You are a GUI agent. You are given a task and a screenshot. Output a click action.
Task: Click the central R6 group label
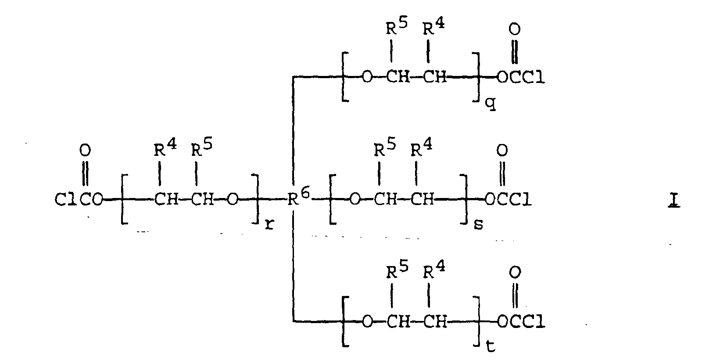[299, 198]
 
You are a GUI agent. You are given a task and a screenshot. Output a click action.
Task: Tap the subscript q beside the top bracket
[491, 104]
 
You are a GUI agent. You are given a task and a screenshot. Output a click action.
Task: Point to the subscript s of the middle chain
[478, 224]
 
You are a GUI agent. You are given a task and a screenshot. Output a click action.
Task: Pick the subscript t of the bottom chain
[491, 346]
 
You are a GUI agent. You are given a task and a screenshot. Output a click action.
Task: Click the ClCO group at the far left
[79, 199]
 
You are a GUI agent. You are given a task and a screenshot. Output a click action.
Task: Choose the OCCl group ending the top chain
[521, 77]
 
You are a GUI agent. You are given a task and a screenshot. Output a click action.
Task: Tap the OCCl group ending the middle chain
[509, 199]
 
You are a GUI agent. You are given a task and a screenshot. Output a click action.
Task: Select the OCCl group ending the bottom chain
[521, 321]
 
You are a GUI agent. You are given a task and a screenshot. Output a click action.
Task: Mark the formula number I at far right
[674, 201]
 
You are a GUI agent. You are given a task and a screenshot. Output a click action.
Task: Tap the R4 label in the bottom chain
[434, 270]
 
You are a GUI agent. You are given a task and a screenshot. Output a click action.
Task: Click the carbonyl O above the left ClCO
[85, 151]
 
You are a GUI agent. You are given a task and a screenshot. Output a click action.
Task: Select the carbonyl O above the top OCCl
[514, 29]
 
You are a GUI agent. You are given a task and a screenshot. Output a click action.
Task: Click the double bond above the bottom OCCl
[515, 295]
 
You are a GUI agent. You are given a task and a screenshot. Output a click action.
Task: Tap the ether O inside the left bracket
[232, 199]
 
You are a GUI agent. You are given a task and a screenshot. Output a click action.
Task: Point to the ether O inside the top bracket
[368, 77]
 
